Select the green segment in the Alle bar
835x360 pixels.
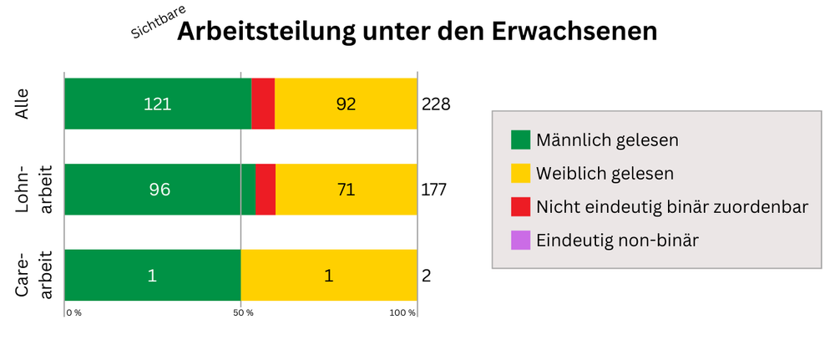tap(158, 104)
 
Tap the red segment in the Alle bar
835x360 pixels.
tap(263, 104)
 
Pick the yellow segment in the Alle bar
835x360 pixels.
tap(346, 104)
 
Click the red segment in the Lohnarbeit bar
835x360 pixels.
tap(266, 190)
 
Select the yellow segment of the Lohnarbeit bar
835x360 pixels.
tap(346, 190)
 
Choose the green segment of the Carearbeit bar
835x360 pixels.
tap(152, 275)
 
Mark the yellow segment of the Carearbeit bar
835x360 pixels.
tap(329, 275)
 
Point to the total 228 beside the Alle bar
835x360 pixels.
tap(436, 104)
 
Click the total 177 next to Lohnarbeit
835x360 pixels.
tap(434, 190)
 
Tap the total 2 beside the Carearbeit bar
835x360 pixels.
tap(426, 276)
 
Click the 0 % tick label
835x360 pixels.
tap(73, 312)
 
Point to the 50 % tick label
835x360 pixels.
tap(244, 312)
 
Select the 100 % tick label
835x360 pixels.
tap(402, 312)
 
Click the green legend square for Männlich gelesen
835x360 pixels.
tap(520, 139)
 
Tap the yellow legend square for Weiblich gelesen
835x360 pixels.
tap(520, 173)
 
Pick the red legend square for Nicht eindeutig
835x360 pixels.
tap(520, 207)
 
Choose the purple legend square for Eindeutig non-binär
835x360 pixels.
tap(520, 241)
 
